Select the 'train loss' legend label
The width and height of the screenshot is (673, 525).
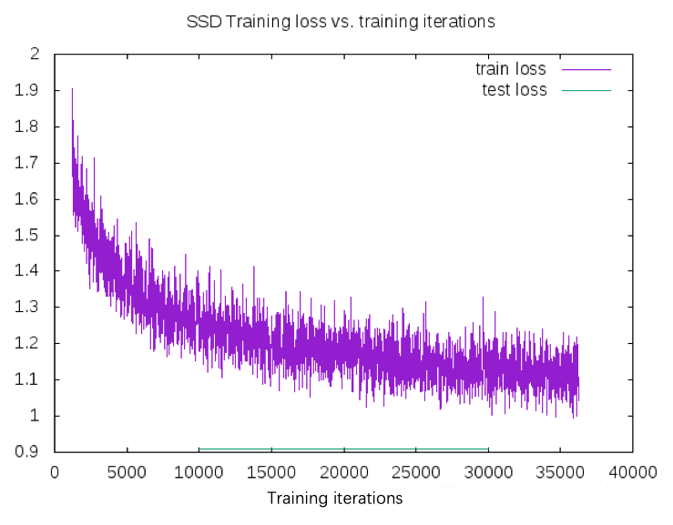[x=510, y=69]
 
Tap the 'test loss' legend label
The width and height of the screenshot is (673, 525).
[x=514, y=90]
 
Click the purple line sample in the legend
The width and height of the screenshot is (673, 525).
[x=586, y=69]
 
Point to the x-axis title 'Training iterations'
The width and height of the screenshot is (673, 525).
[x=334, y=499]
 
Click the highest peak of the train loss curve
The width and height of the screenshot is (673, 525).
[x=72, y=89]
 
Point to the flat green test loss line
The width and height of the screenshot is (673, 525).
[x=343, y=449]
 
